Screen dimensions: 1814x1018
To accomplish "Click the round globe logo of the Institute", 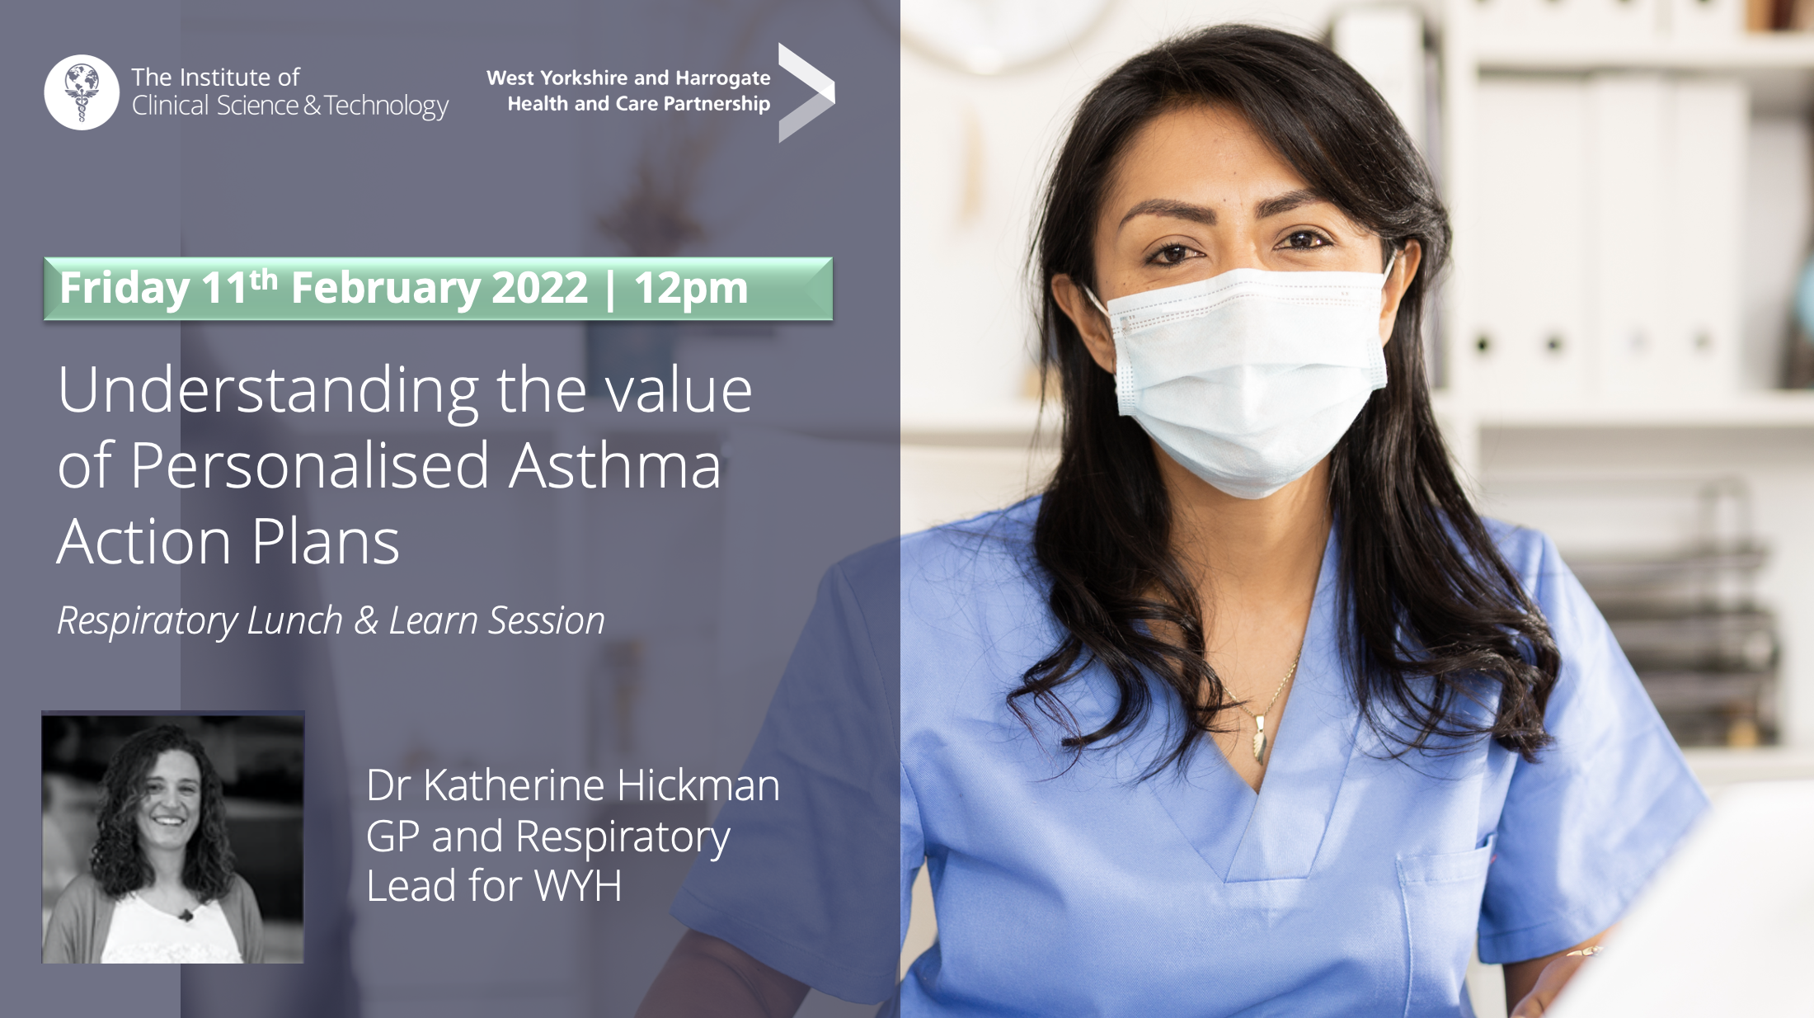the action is pos(82,92).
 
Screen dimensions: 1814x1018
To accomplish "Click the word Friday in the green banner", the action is pos(125,289).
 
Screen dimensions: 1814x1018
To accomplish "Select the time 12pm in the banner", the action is pos(690,289).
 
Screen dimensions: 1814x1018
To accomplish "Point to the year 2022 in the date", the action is pos(540,287).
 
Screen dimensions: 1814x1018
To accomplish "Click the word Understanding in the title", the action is pos(269,391).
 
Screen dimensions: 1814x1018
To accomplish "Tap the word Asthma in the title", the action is pos(614,465).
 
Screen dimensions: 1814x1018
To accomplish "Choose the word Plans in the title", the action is pos(326,542).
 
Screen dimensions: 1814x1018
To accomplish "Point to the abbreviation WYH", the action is pos(578,885).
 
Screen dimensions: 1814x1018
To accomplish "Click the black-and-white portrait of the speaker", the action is pos(173,837).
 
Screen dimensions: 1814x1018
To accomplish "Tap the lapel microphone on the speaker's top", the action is pos(187,915).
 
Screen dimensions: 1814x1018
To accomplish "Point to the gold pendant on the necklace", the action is pos(1260,740).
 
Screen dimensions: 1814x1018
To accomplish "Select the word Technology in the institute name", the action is pos(386,106).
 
